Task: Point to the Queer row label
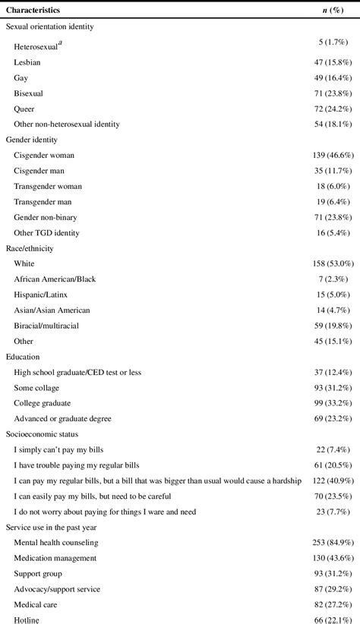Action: [24, 109]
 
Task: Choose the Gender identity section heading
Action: [32, 140]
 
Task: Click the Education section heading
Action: [23, 356]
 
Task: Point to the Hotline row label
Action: [27, 620]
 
